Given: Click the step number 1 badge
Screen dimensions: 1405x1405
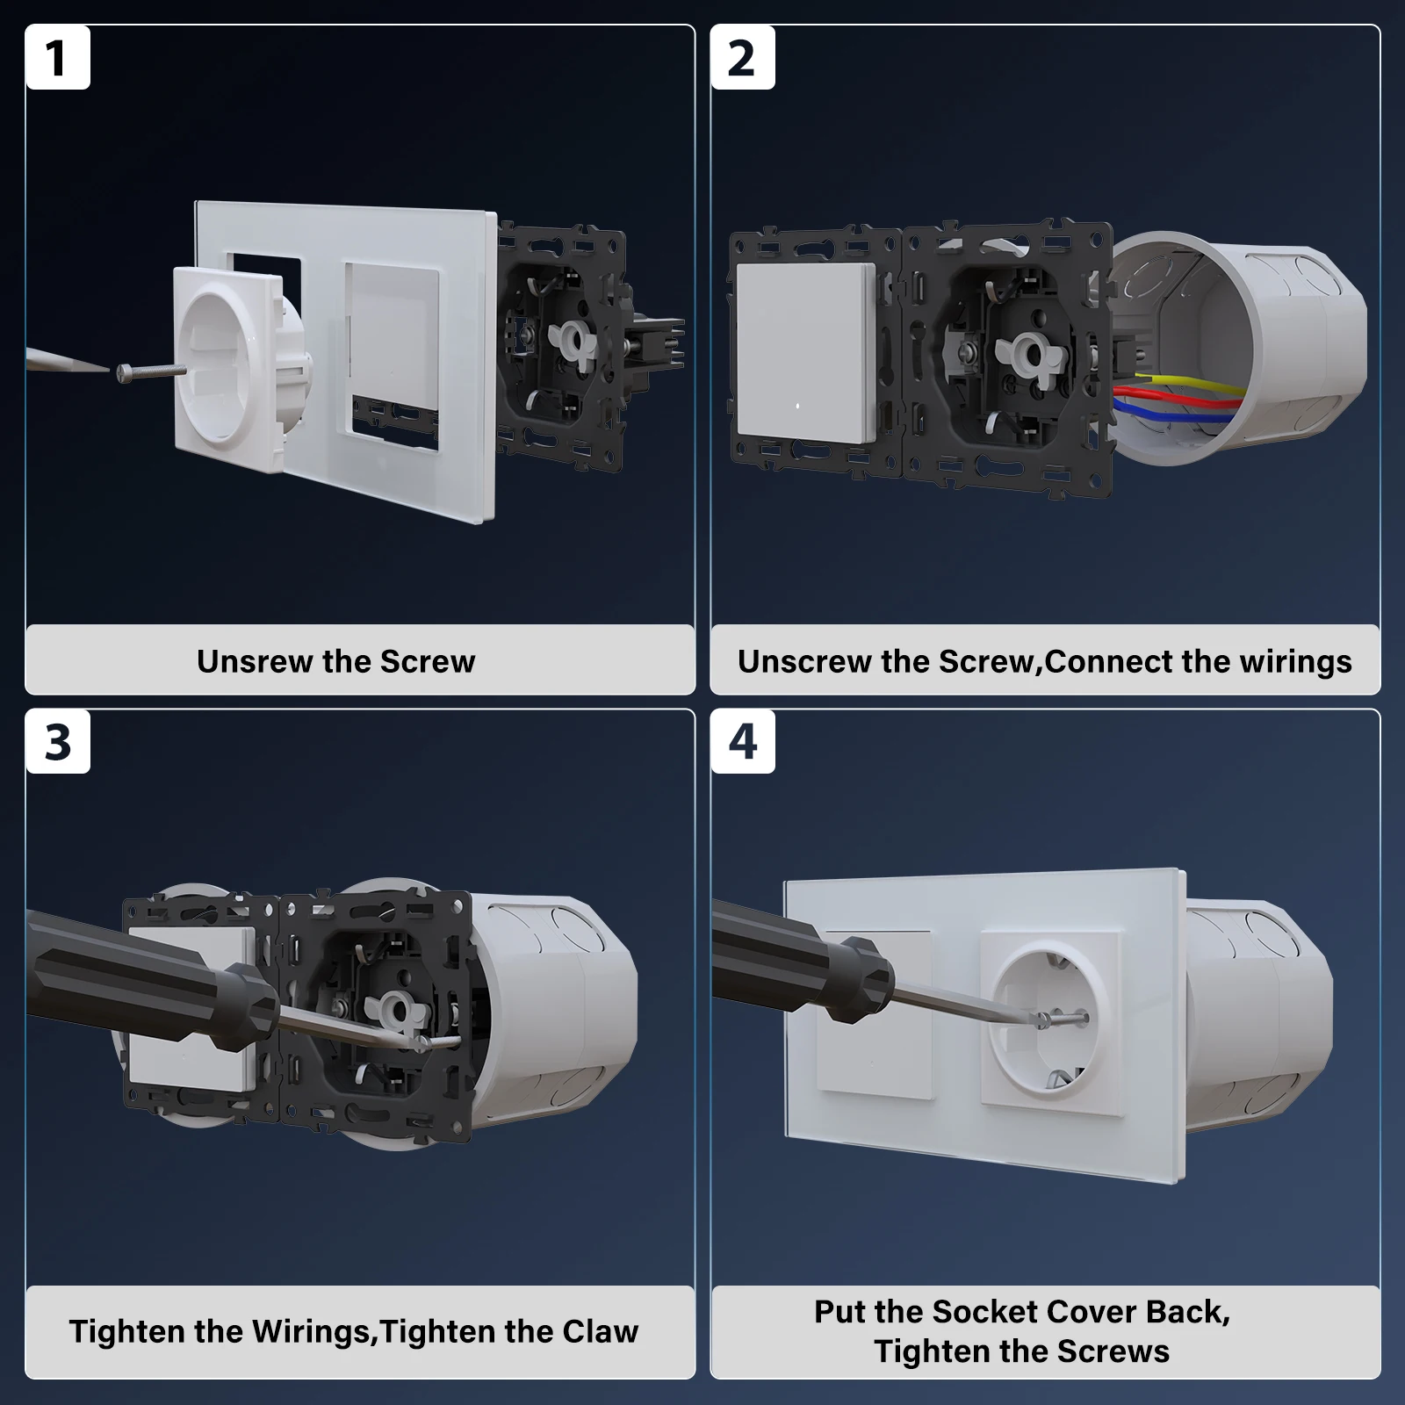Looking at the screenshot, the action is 58,58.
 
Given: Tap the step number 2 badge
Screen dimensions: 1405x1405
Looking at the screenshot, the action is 743,58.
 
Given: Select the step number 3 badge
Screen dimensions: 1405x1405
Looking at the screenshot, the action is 58,742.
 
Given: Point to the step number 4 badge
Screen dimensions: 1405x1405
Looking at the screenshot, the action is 743,742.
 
